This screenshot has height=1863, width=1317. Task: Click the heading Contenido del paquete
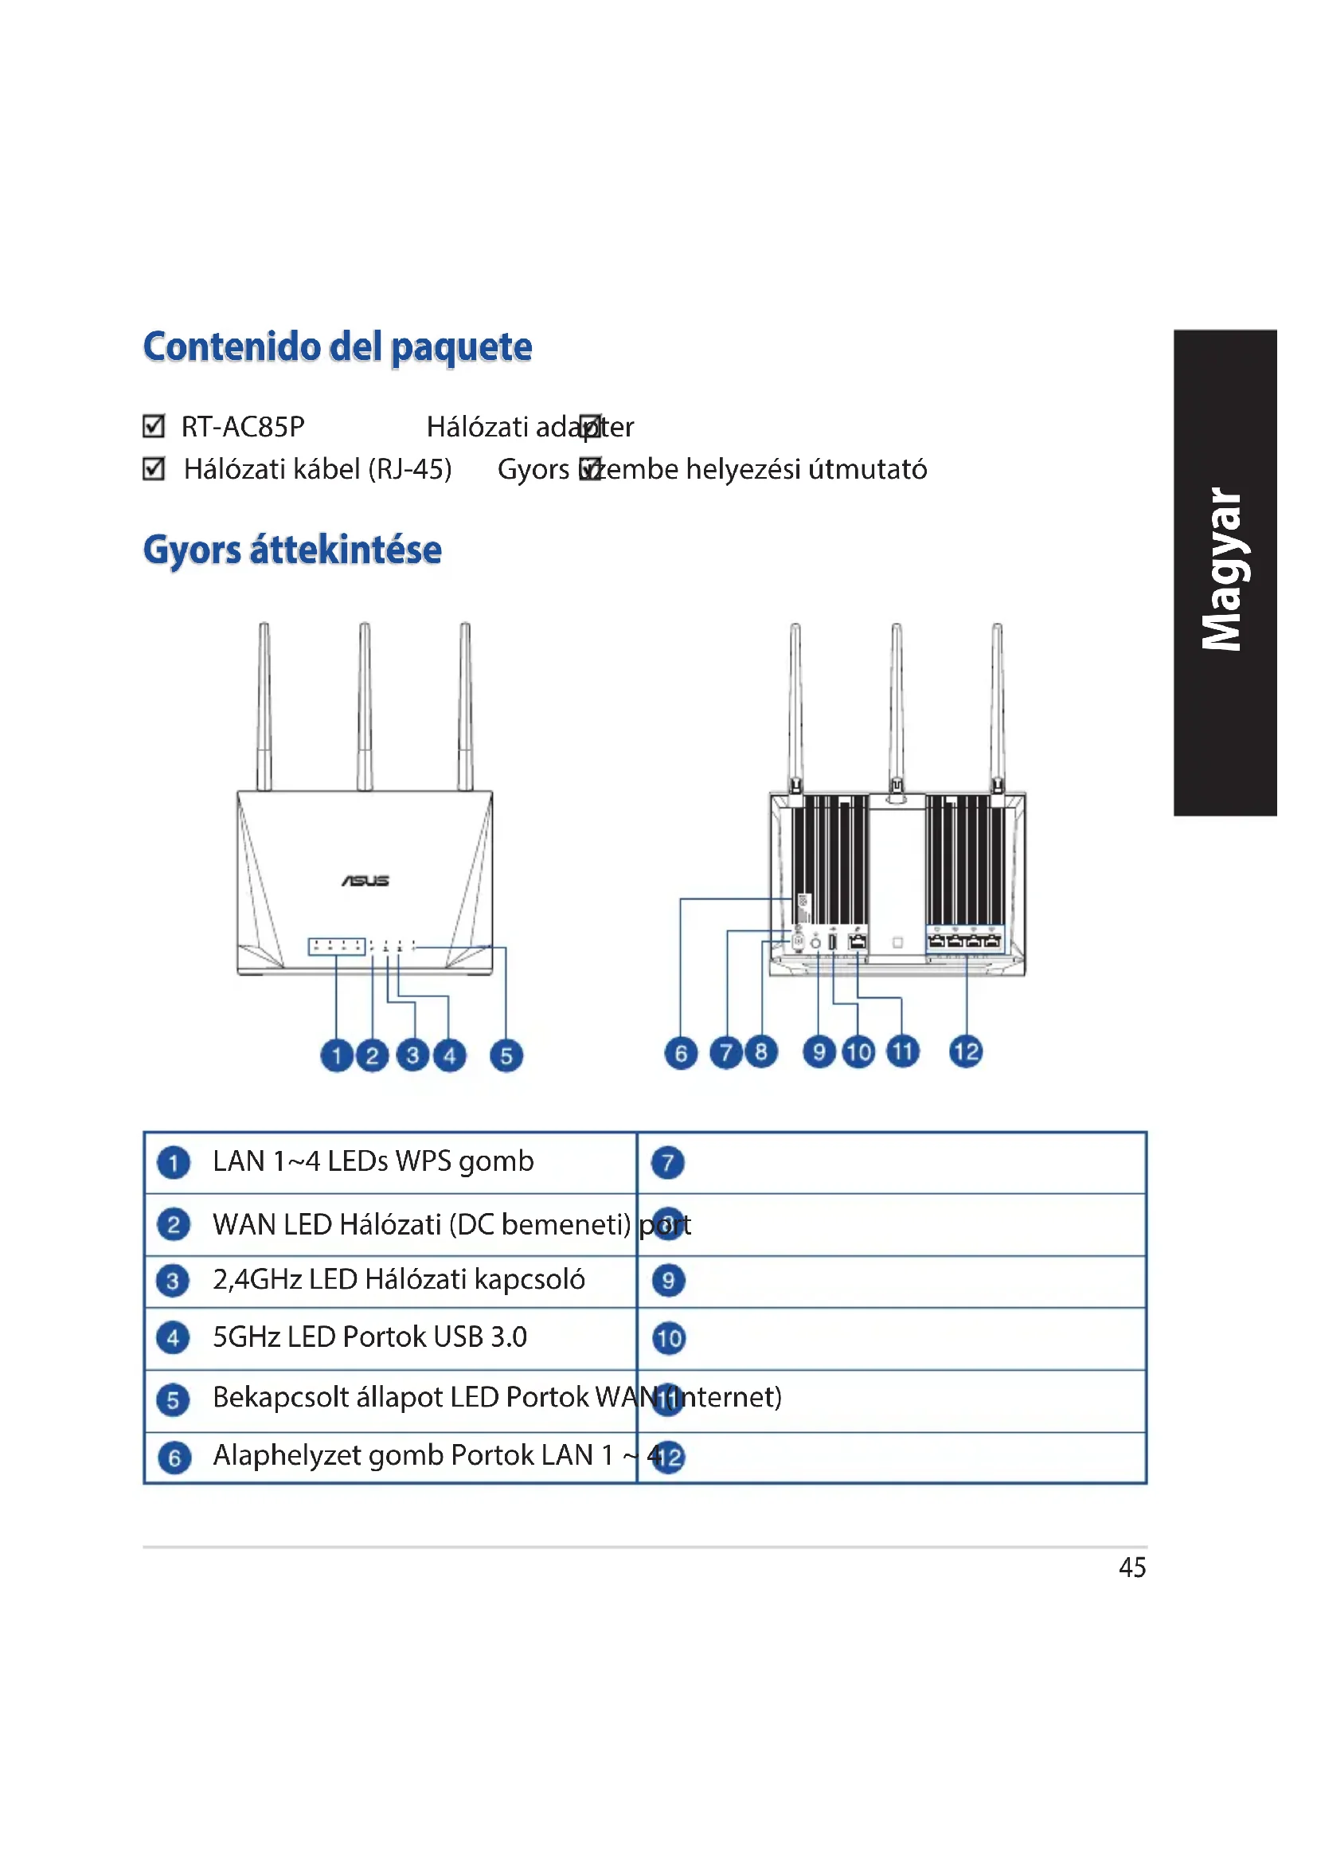pos(338,347)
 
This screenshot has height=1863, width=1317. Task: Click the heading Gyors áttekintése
pos(292,550)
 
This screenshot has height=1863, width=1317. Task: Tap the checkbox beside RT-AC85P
pos(153,426)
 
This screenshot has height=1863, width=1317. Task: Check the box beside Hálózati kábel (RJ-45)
pos(153,469)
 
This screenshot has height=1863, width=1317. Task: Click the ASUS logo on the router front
pos(365,880)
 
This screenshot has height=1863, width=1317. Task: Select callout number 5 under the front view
pos(506,1055)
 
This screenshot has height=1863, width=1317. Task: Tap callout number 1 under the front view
pos(337,1055)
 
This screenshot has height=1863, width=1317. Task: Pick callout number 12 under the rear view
pos(966,1052)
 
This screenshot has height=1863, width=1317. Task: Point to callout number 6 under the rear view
pos(680,1053)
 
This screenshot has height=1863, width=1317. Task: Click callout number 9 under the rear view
pos(819,1052)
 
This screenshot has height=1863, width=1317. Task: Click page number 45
pos(1132,1568)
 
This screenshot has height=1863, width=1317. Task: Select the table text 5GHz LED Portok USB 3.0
pos(369,1337)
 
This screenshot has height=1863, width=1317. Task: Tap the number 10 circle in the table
pos(669,1338)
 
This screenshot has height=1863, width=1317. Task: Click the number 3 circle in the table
pos(173,1282)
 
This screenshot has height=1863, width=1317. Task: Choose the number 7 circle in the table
pos(667,1163)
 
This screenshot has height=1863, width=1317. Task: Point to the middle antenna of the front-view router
pos(365,706)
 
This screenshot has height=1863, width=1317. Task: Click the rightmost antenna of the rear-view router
pos(998,706)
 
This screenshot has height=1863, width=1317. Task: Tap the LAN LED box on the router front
pos(337,946)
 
